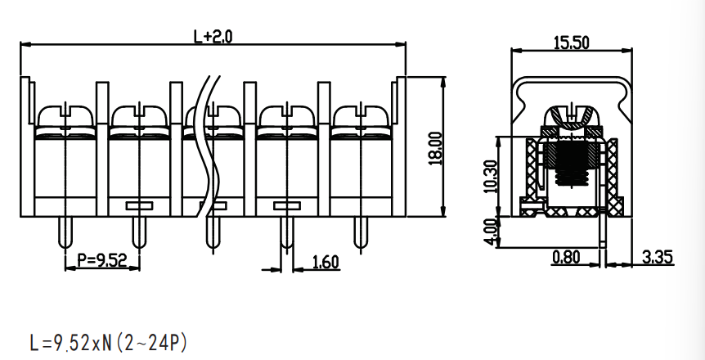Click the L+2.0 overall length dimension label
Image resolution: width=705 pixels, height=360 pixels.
tap(213, 36)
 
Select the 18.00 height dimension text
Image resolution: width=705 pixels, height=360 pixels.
tap(436, 148)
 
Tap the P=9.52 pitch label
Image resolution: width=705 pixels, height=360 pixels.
tap(102, 260)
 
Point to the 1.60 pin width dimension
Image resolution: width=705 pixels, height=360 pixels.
tap(325, 262)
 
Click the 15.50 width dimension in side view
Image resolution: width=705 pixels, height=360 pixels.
tap(571, 43)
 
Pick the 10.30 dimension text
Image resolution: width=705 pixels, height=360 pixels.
tap(491, 177)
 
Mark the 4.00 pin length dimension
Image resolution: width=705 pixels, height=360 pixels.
tap(491, 232)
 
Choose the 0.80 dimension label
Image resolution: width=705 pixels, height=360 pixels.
tap(566, 258)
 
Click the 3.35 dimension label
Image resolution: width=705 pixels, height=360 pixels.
tap(658, 258)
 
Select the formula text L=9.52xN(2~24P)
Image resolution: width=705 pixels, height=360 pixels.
tap(108, 343)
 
